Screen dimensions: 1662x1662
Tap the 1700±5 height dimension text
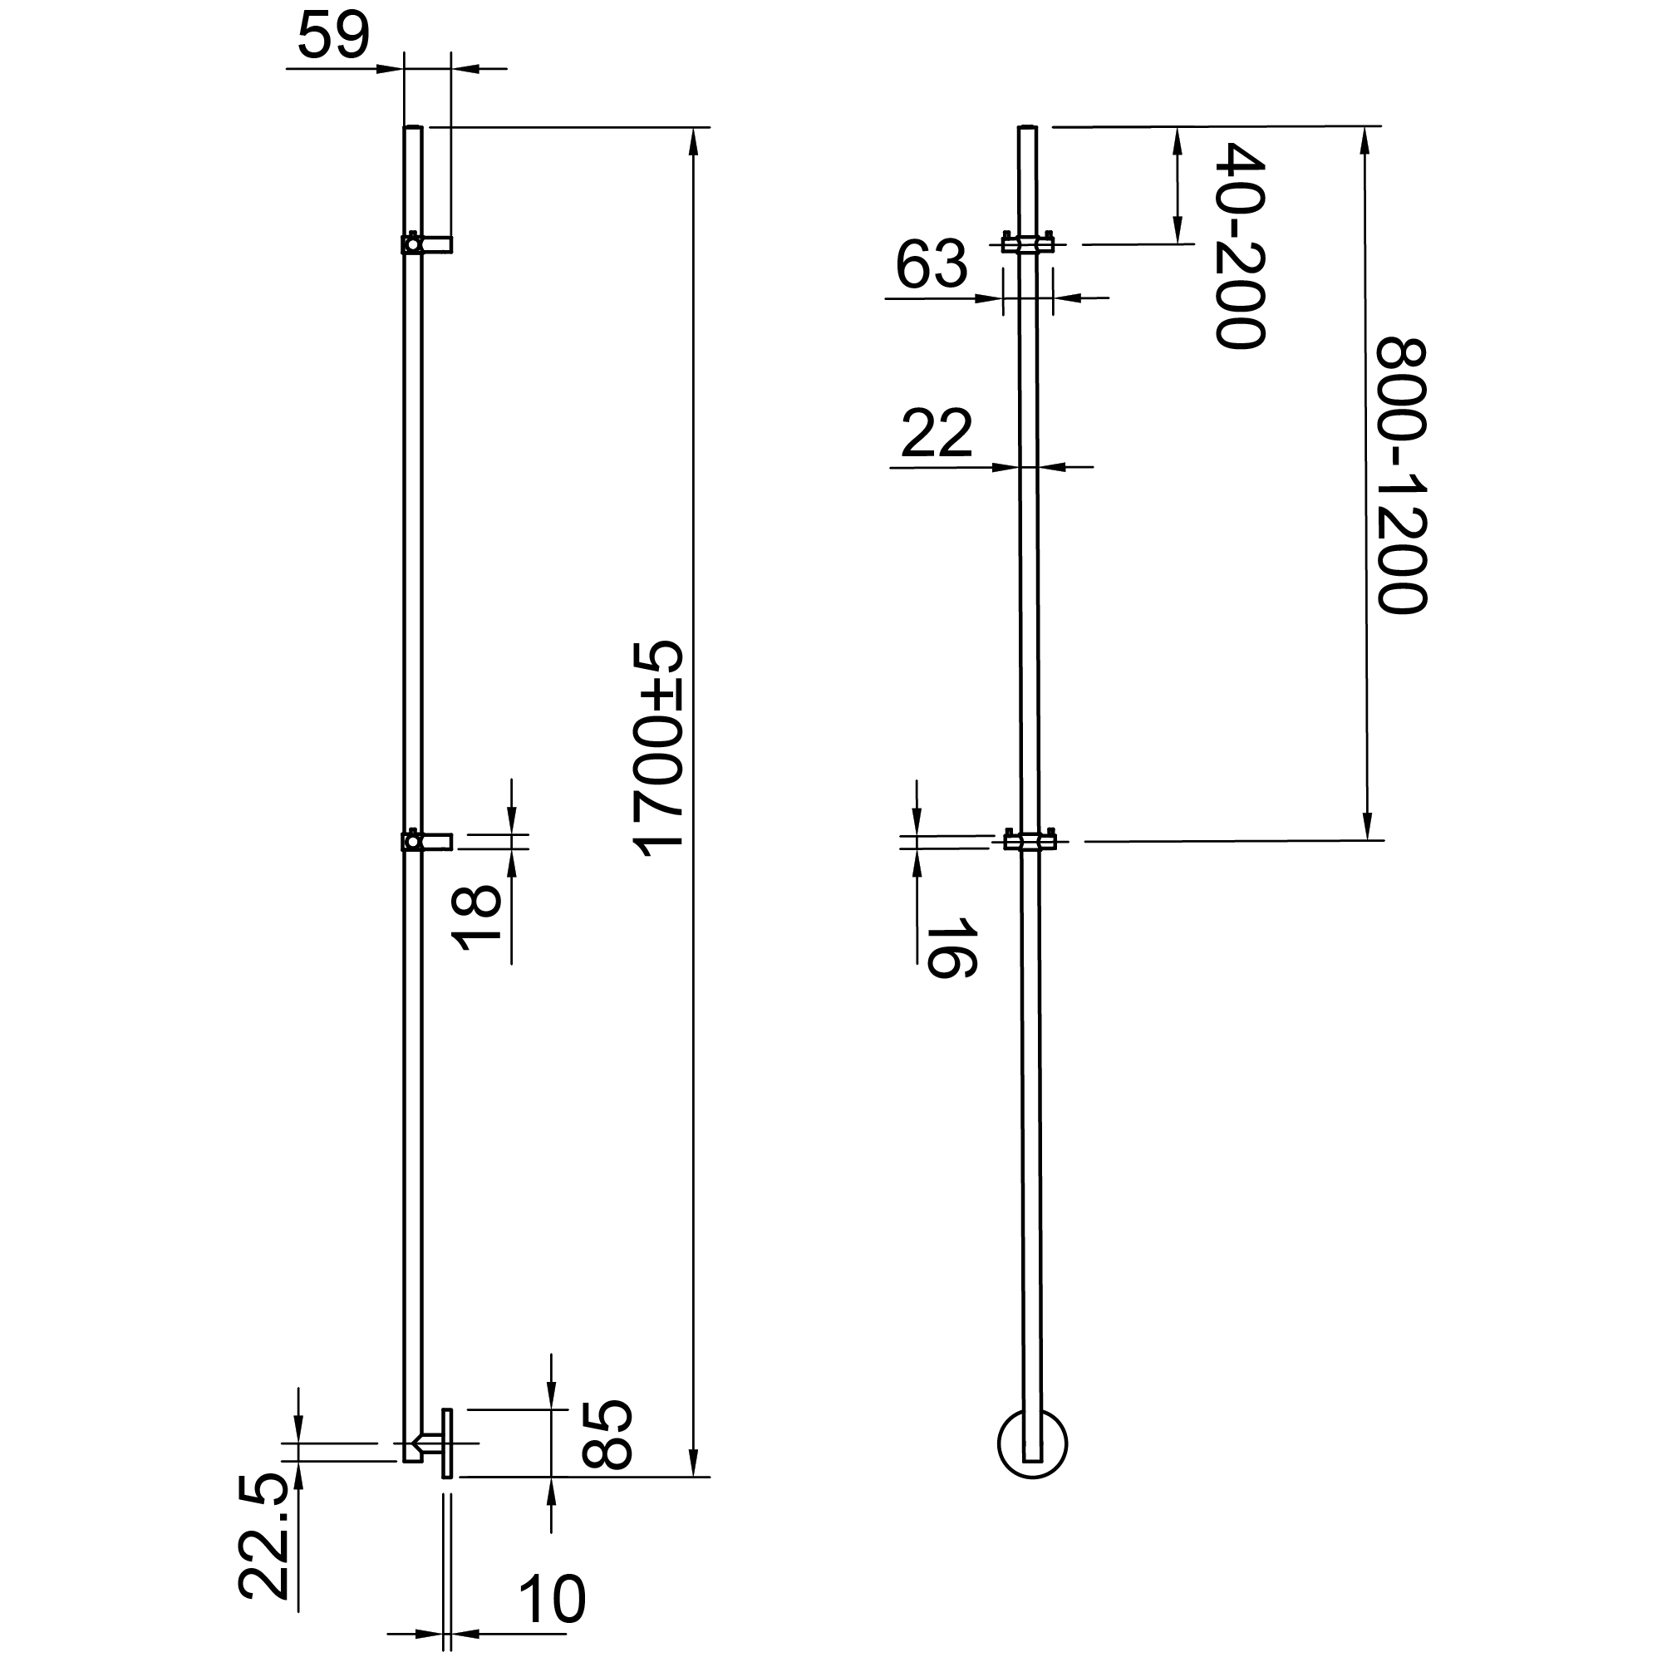[x=658, y=749]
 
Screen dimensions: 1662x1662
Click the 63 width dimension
[x=932, y=265]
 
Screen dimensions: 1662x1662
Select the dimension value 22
[x=937, y=434]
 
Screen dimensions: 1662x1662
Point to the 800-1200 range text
[x=1401, y=475]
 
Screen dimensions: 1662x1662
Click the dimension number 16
[x=951, y=948]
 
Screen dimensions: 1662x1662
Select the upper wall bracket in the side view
[x=427, y=245]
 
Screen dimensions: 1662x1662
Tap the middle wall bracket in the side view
[x=427, y=840]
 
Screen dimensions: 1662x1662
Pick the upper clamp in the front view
[x=1028, y=244]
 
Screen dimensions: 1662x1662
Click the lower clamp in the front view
[x=1029, y=840]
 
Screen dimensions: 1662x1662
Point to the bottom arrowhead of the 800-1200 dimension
[x=1365, y=828]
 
